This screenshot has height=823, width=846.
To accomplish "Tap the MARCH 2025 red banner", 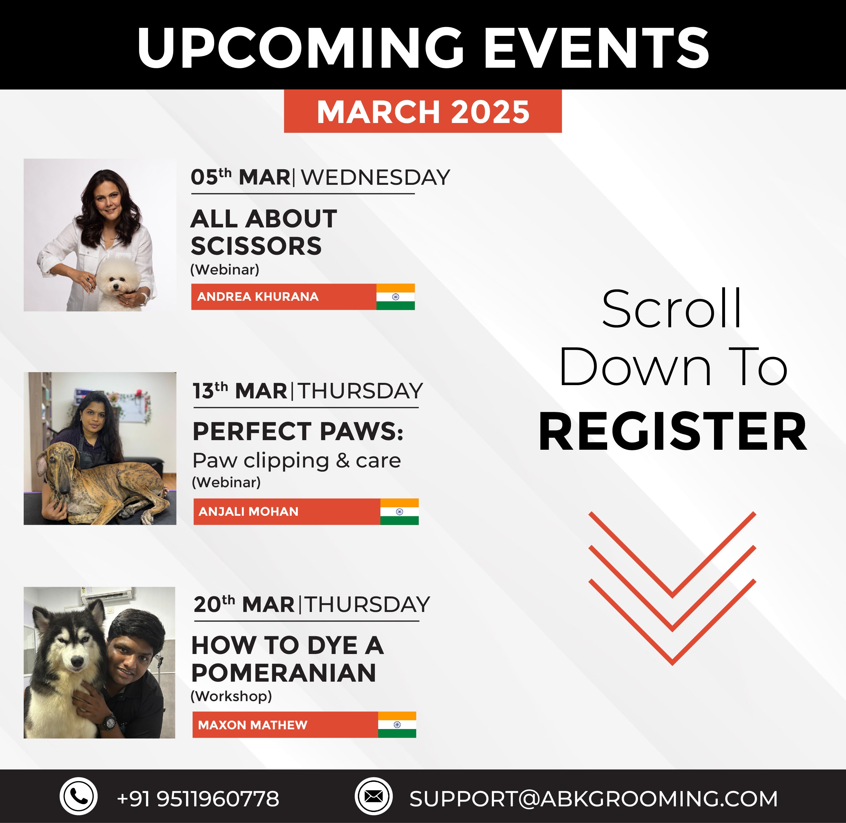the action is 422,111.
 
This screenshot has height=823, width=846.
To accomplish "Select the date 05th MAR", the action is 241,177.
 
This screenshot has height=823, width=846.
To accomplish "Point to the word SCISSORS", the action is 256,246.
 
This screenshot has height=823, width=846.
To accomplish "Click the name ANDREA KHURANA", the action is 258,297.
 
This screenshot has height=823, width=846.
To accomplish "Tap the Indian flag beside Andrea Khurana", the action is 395,297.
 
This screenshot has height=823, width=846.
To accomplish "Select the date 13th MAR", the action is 240,391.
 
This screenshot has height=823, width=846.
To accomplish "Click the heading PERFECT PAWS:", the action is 298,431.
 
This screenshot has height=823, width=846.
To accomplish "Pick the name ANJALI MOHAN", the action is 248,511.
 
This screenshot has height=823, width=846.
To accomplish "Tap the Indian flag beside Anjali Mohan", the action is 399,511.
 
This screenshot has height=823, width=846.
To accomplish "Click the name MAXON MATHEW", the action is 253,725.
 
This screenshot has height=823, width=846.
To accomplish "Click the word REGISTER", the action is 673,431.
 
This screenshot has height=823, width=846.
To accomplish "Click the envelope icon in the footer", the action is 373,796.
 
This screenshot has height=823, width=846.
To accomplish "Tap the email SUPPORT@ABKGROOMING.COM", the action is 593,798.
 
